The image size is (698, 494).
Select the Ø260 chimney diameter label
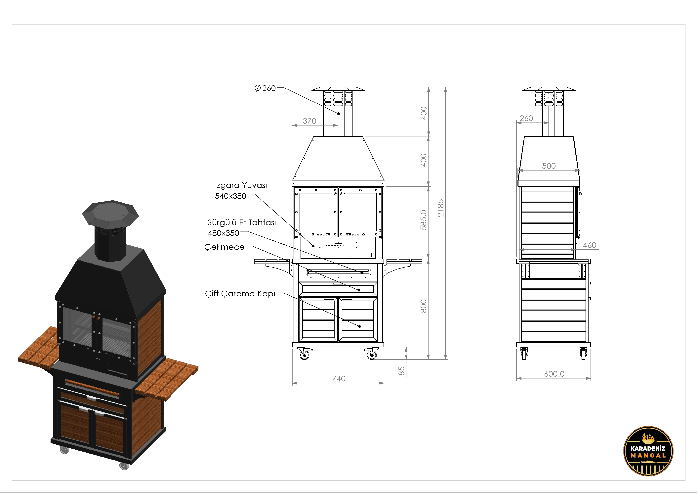265,88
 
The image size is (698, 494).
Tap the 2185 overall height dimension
440,208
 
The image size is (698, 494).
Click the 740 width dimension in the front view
339,378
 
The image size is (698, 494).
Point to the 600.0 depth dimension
554,374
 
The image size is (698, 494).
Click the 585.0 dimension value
424,220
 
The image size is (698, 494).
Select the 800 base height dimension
424,306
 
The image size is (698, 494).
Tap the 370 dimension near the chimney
309,121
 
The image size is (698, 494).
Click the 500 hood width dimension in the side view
549,166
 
